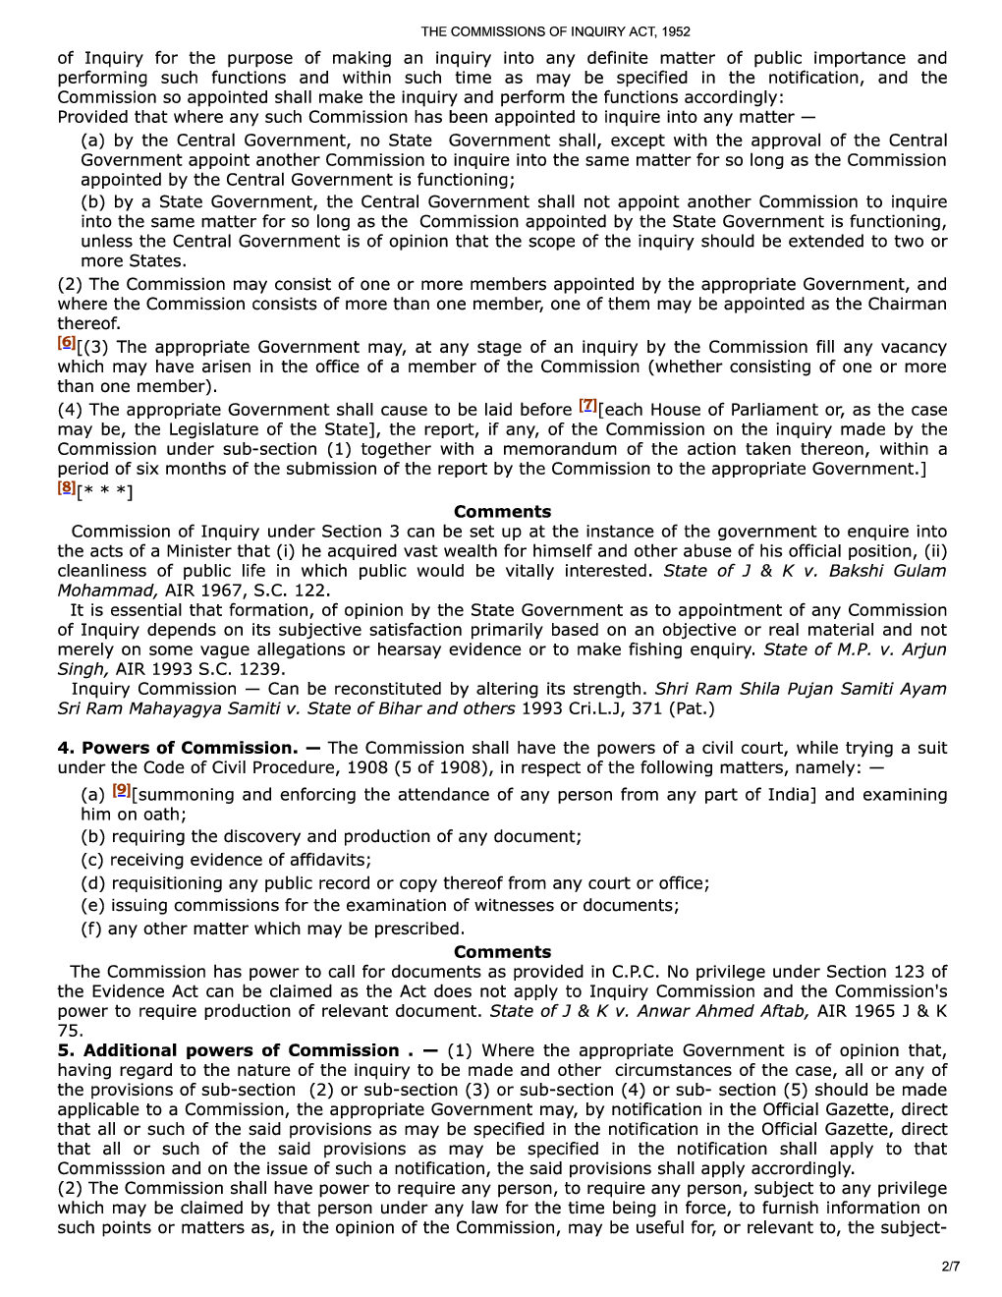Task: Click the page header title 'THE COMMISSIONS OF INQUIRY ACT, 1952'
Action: pos(555,32)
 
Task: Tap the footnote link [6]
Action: pos(66,342)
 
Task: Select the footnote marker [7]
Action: pos(587,405)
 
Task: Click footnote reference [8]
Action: pos(66,486)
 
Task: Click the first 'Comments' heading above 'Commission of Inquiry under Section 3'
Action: pos(502,512)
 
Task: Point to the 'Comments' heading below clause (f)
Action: pos(502,952)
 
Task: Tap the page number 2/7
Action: pos(950,1266)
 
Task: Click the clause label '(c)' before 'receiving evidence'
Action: pos(93,860)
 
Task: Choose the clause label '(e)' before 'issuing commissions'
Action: pos(93,906)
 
